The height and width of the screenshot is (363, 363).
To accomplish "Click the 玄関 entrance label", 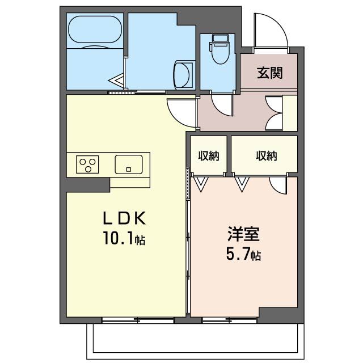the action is tap(270, 73).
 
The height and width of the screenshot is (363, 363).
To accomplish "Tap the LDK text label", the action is tap(124, 218).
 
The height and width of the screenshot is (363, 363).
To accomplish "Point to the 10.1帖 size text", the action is tap(124, 238).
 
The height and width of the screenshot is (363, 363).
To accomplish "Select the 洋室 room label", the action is tap(243, 234).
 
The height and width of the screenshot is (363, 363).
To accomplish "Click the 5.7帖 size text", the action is tap(243, 255).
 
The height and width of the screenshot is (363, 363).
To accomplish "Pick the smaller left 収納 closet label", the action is tap(209, 156).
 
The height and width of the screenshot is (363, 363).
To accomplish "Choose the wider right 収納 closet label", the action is tap(267, 156).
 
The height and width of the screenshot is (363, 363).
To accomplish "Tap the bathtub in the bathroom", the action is tap(95, 29).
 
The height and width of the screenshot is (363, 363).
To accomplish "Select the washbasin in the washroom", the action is tap(183, 75).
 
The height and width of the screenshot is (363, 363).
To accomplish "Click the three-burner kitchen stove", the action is tap(87, 164).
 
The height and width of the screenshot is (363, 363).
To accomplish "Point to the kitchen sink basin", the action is tap(129, 164).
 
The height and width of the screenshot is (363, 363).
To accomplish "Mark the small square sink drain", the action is tap(129, 170).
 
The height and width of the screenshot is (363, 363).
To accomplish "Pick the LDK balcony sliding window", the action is tap(138, 320).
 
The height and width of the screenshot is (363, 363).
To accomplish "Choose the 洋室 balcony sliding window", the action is tap(230, 320).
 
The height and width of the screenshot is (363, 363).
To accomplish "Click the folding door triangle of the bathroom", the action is tap(116, 81).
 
